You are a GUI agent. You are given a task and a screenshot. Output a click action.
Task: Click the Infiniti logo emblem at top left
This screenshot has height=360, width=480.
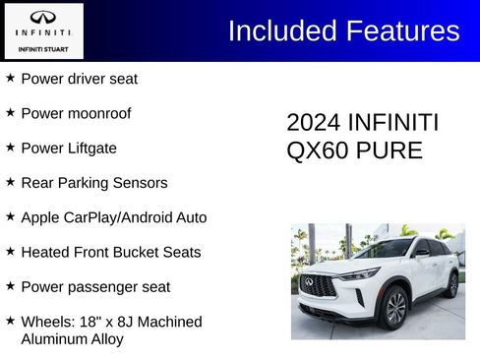[x=42, y=18]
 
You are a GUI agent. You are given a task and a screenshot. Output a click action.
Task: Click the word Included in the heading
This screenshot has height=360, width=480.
[x=280, y=31]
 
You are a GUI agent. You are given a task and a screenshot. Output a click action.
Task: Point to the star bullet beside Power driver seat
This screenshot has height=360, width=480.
[x=10, y=78]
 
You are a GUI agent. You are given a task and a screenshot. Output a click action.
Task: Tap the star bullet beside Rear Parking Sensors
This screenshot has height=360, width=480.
[x=10, y=182]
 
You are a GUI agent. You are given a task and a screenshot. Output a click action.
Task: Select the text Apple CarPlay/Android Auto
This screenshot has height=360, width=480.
[x=113, y=217]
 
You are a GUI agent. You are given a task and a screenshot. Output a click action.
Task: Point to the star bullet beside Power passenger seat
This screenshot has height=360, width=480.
[x=10, y=286]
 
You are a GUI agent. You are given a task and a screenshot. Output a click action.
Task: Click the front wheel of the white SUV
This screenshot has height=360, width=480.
[x=395, y=308]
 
